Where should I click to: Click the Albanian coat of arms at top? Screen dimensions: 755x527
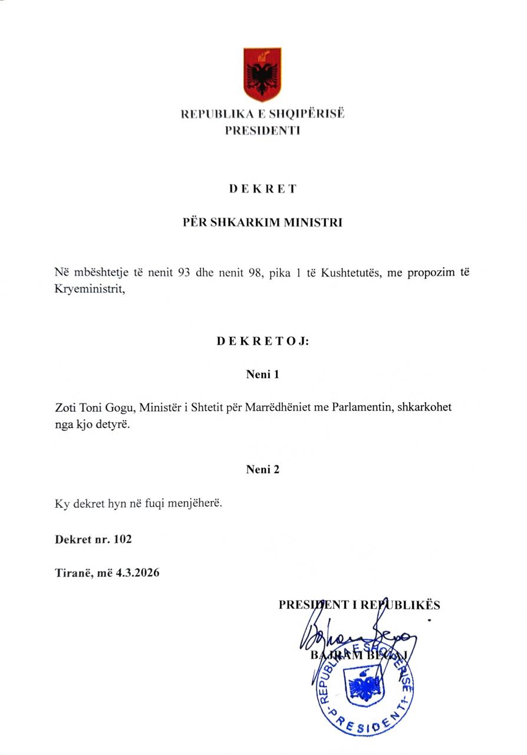point(262,75)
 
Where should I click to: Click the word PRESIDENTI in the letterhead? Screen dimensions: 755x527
point(262,130)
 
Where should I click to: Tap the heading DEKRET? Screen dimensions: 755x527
point(262,189)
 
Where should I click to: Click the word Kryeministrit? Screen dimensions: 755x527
point(90,290)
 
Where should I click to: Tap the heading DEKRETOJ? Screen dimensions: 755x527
point(262,341)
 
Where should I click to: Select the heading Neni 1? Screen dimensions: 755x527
point(262,374)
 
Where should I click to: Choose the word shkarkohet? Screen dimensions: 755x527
point(423,408)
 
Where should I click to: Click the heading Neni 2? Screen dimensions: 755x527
point(262,470)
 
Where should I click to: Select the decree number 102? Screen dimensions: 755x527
point(124,539)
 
